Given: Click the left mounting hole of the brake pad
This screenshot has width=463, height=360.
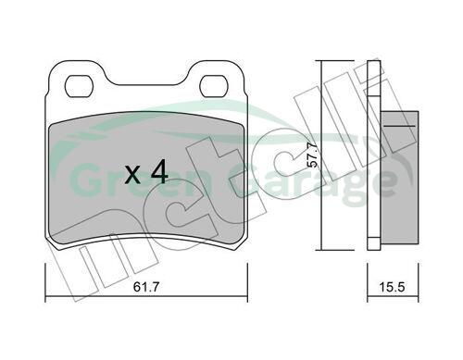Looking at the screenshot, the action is pyautogui.click(x=79, y=86).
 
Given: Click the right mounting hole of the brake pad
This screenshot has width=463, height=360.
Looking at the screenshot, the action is pyautogui.click(x=214, y=86).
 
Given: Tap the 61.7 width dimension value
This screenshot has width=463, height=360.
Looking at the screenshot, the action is pyautogui.click(x=146, y=287).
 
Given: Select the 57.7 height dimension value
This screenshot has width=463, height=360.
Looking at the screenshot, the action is pyautogui.click(x=313, y=155).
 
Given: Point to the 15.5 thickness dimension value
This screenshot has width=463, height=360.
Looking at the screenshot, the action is pyautogui.click(x=392, y=287).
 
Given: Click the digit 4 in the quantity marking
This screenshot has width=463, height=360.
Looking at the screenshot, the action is pyautogui.click(x=159, y=173).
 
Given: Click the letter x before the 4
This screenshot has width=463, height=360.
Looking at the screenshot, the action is pyautogui.click(x=132, y=176).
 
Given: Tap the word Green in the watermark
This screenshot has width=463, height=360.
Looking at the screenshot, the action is pyautogui.click(x=137, y=180).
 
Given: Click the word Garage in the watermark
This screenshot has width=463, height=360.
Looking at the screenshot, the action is pyautogui.click(x=312, y=182).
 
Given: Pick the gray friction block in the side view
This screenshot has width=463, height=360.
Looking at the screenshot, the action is pyautogui.click(x=399, y=178).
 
